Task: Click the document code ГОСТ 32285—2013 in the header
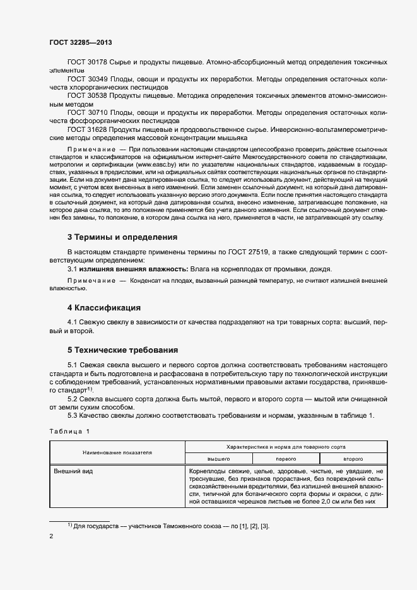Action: coord(81,42)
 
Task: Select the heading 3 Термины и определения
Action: coord(122,237)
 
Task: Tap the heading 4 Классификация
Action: coord(103,308)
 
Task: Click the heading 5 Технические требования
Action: coord(122,350)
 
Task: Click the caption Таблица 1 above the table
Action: coord(70,431)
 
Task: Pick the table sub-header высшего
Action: coord(218,459)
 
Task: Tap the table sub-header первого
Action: coord(286,459)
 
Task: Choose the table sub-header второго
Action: coord(353,459)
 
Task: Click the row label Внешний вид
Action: coord(70,471)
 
